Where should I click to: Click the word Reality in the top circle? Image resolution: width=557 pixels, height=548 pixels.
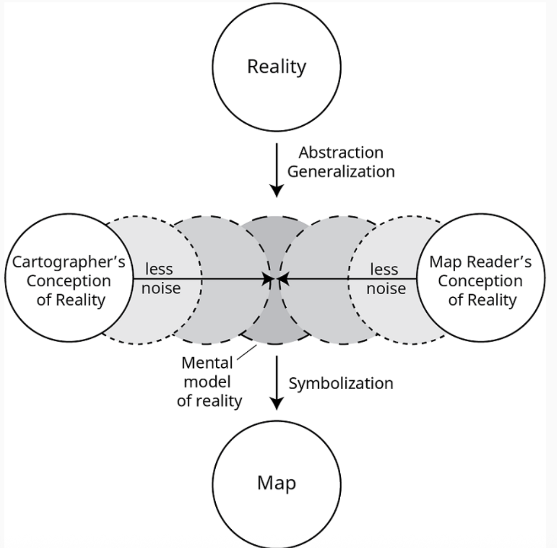pyautogui.click(x=277, y=67)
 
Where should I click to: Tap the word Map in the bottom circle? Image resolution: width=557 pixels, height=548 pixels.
pyautogui.click(x=277, y=483)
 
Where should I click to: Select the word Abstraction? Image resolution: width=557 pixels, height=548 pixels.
pyautogui.click(x=341, y=153)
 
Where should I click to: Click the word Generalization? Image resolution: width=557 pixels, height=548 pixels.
pyautogui.click(x=341, y=172)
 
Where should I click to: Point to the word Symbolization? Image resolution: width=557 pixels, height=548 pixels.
pyautogui.click(x=341, y=383)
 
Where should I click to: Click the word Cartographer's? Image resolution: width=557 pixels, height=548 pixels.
pyautogui.click(x=69, y=262)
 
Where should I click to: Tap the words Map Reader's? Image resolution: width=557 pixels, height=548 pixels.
pyautogui.click(x=480, y=262)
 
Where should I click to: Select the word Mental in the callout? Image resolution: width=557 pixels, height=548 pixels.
pyautogui.click(x=207, y=362)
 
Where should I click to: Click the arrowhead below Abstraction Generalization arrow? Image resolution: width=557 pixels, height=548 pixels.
pyautogui.click(x=277, y=190)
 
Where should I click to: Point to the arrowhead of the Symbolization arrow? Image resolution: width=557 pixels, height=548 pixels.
pyautogui.click(x=277, y=403)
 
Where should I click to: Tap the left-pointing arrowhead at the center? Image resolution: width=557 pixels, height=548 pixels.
pyautogui.click(x=283, y=279)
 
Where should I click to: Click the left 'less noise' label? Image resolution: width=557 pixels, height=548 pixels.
pyautogui.click(x=161, y=279)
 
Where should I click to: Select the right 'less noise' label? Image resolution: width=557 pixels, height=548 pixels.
pyautogui.click(x=386, y=279)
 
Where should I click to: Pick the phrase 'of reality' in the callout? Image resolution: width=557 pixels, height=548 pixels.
pyautogui.click(x=209, y=401)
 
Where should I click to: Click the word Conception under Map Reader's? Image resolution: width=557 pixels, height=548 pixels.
pyautogui.click(x=480, y=281)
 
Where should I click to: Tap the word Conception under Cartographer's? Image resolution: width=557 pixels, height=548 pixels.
pyautogui.click(x=69, y=281)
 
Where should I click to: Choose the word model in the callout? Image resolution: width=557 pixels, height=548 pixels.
pyautogui.click(x=207, y=382)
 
